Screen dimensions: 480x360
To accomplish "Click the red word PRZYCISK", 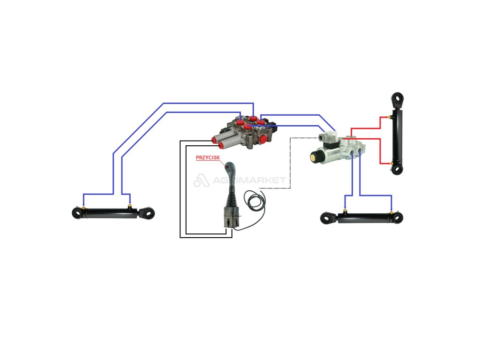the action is [x=207, y=158].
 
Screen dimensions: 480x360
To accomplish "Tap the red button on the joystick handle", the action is [x=226, y=167].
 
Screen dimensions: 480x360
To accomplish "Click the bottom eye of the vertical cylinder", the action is [x=397, y=169].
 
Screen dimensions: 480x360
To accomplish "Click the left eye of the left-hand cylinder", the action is [x=77, y=213].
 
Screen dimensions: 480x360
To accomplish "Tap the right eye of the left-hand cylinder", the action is [x=149, y=213].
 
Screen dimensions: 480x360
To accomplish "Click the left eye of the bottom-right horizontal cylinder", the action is [x=326, y=218].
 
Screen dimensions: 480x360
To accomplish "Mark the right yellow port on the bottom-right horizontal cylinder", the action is [x=391, y=210].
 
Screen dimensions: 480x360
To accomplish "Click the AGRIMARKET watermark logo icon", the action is [x=201, y=180].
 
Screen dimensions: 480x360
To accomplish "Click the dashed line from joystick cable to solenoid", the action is [x=291, y=164].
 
